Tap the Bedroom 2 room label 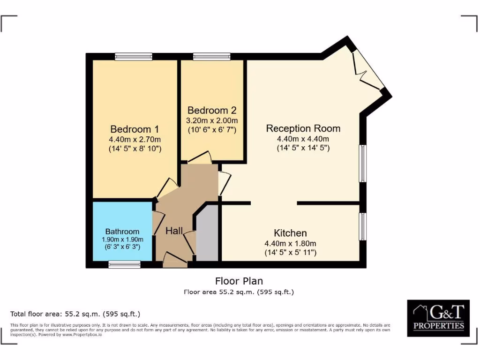[x=212, y=111]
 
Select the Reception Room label [x=303, y=128]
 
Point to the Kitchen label [x=290, y=233]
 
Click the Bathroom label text [x=122, y=232]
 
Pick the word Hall [x=174, y=231]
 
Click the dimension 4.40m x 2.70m [x=135, y=140]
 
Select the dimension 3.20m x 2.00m [x=212, y=120]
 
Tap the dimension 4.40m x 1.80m [x=290, y=243]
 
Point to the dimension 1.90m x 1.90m [x=122, y=239]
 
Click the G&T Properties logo [x=438, y=318]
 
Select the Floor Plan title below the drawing [x=239, y=281]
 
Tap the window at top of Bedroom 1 [x=134, y=57]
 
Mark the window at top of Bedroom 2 [x=211, y=57]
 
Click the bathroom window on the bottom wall [x=124, y=265]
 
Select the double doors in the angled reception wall [x=368, y=70]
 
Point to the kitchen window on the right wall [x=363, y=227]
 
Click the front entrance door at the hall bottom [x=175, y=260]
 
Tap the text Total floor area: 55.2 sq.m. [x=75, y=314]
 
